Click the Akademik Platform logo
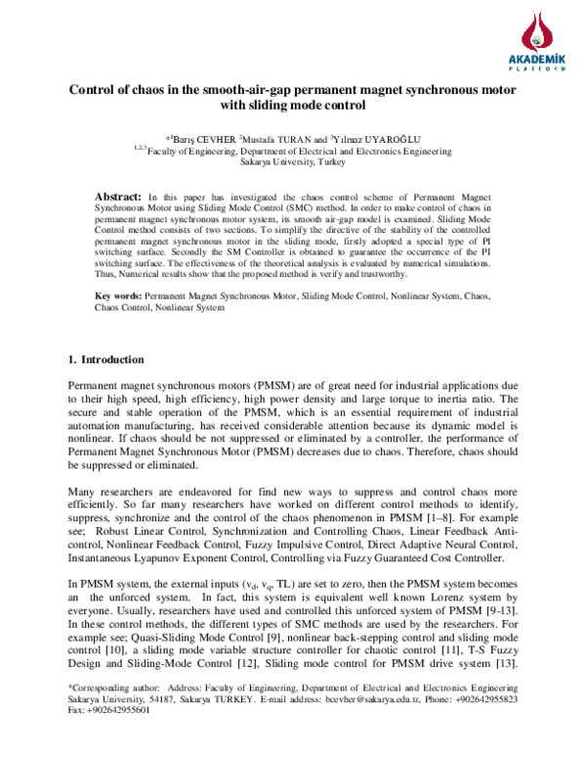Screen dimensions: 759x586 click(x=534, y=41)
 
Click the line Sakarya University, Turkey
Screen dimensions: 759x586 click(x=292, y=164)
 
